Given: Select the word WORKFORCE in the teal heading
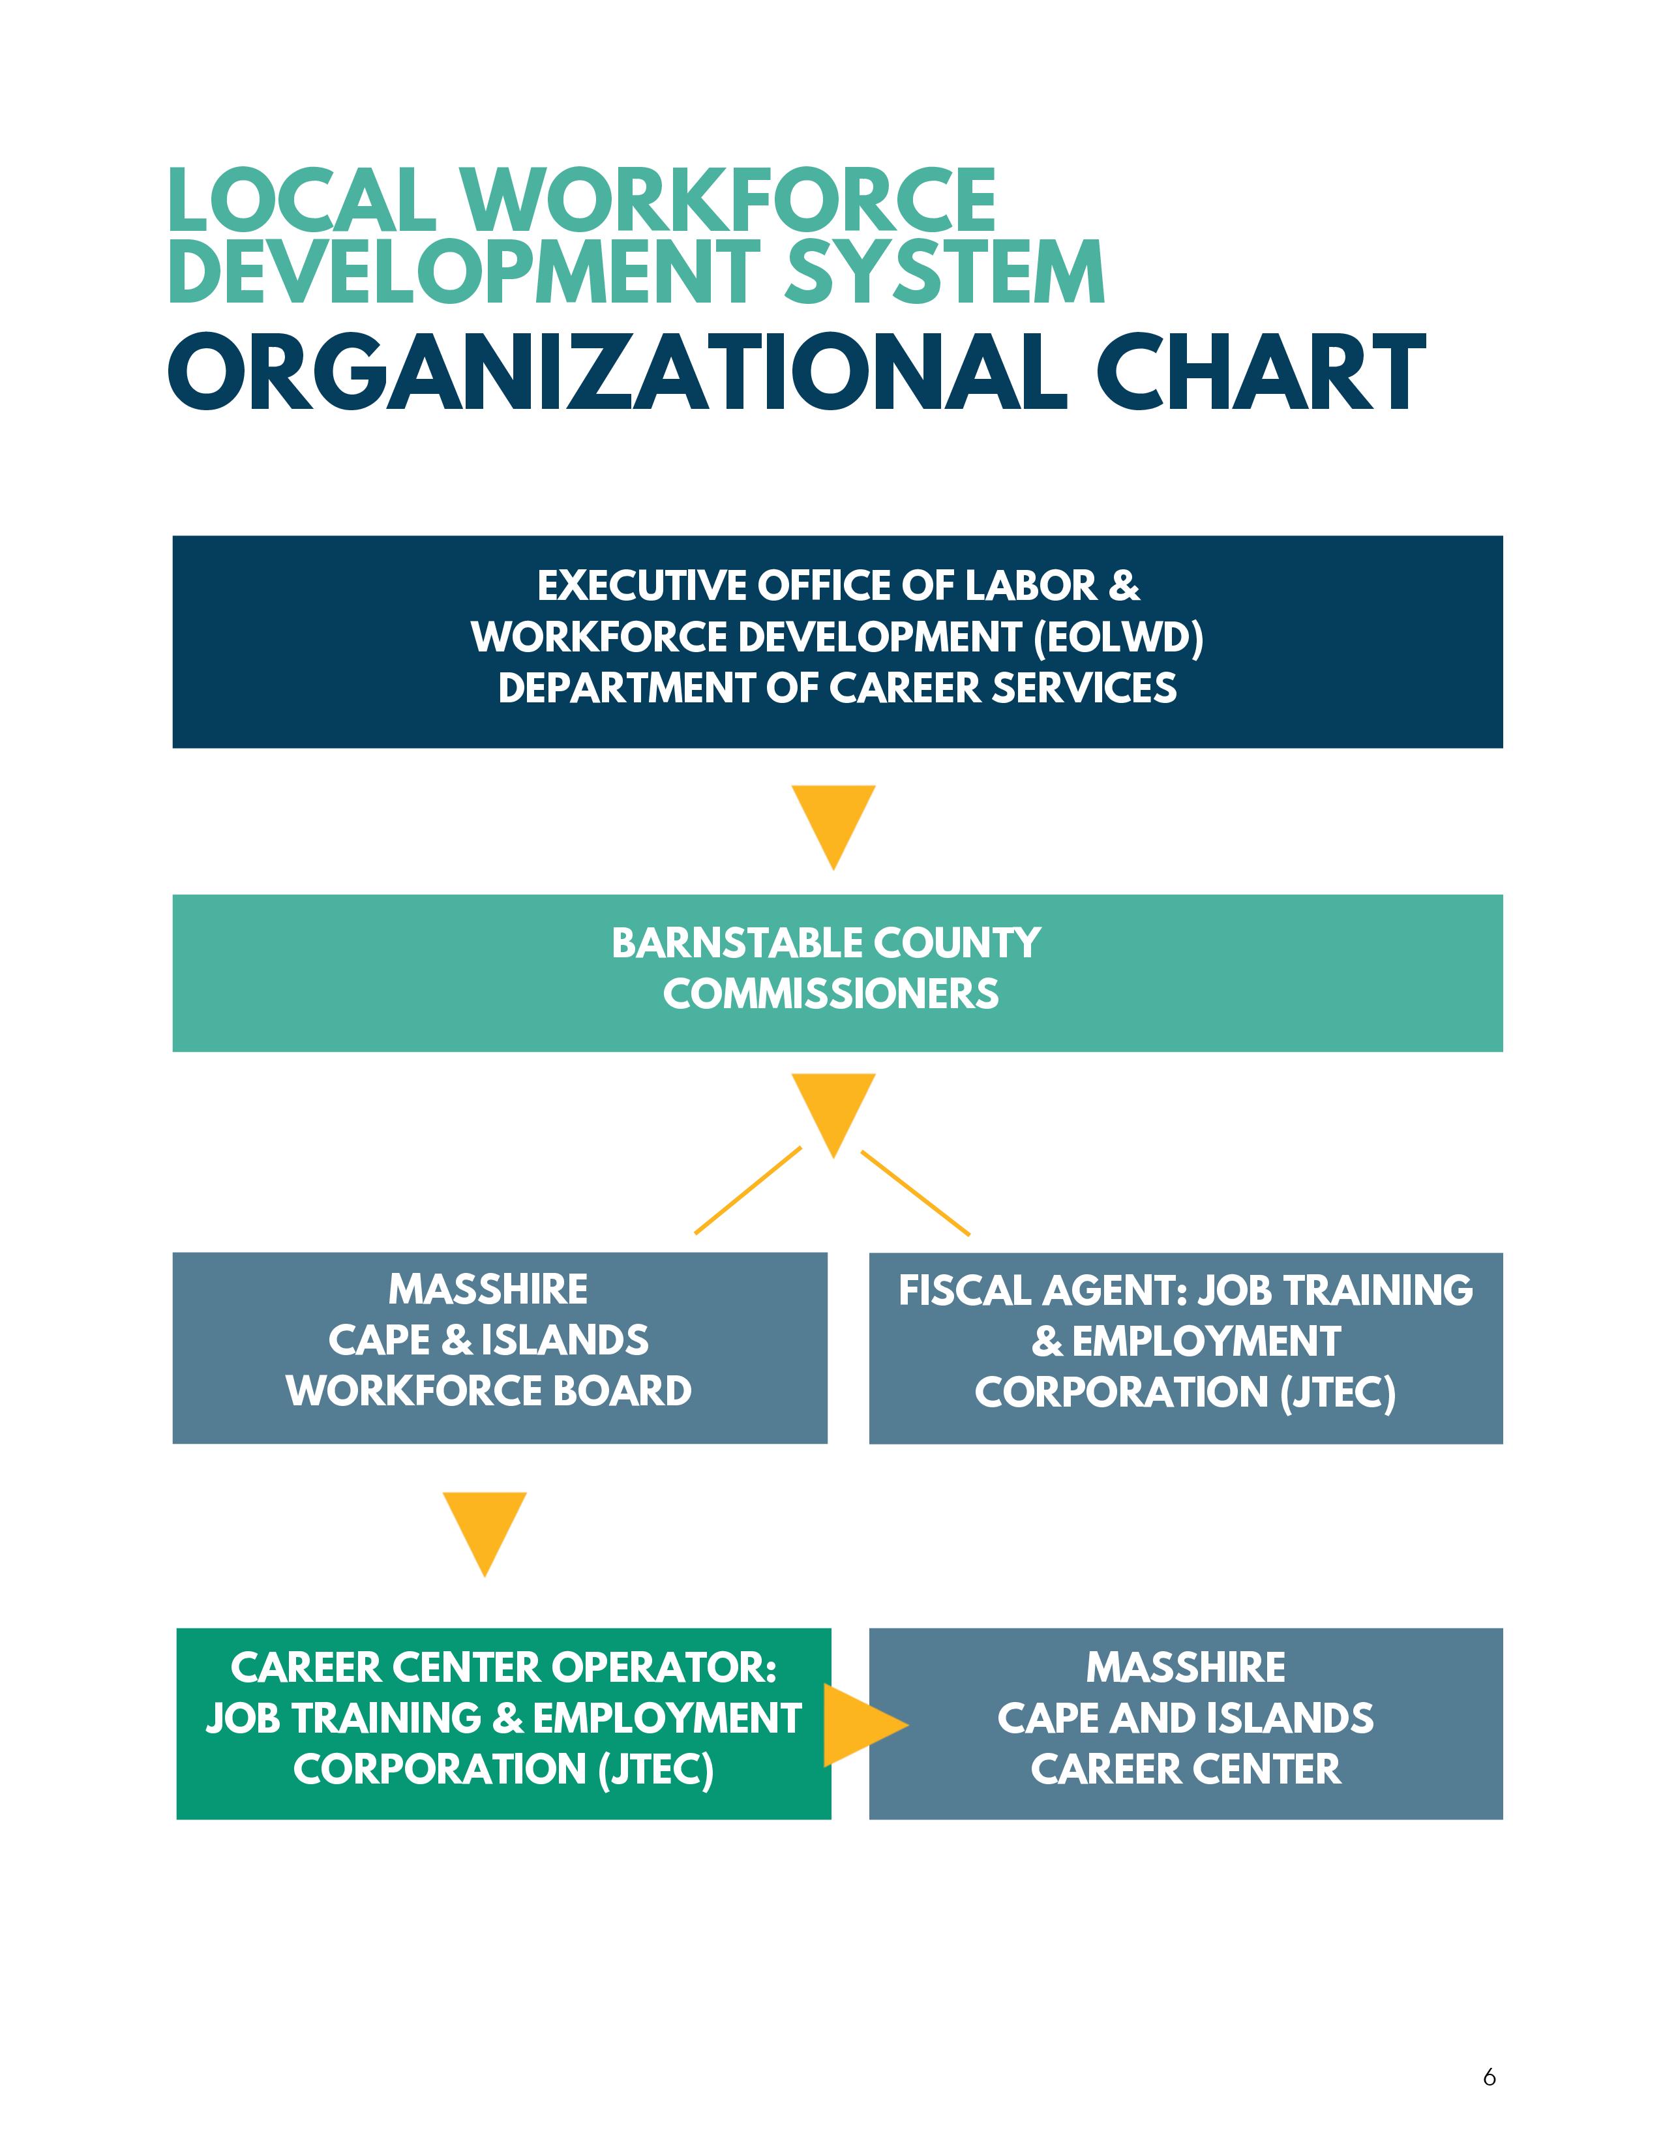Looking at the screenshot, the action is [729, 200].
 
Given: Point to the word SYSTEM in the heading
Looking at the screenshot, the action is [944, 271].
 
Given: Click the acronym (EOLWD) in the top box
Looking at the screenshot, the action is [1118, 638].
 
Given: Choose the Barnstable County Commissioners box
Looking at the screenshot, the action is [837, 972].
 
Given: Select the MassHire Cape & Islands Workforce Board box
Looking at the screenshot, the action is [500, 1347].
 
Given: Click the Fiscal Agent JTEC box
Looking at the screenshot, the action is [1185, 1347].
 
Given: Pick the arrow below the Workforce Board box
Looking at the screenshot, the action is [485, 1531].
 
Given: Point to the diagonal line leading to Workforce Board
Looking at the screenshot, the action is [748, 1190].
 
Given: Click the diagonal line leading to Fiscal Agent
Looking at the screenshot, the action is [915, 1192].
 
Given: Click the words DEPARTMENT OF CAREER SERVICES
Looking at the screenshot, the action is [837, 688].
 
